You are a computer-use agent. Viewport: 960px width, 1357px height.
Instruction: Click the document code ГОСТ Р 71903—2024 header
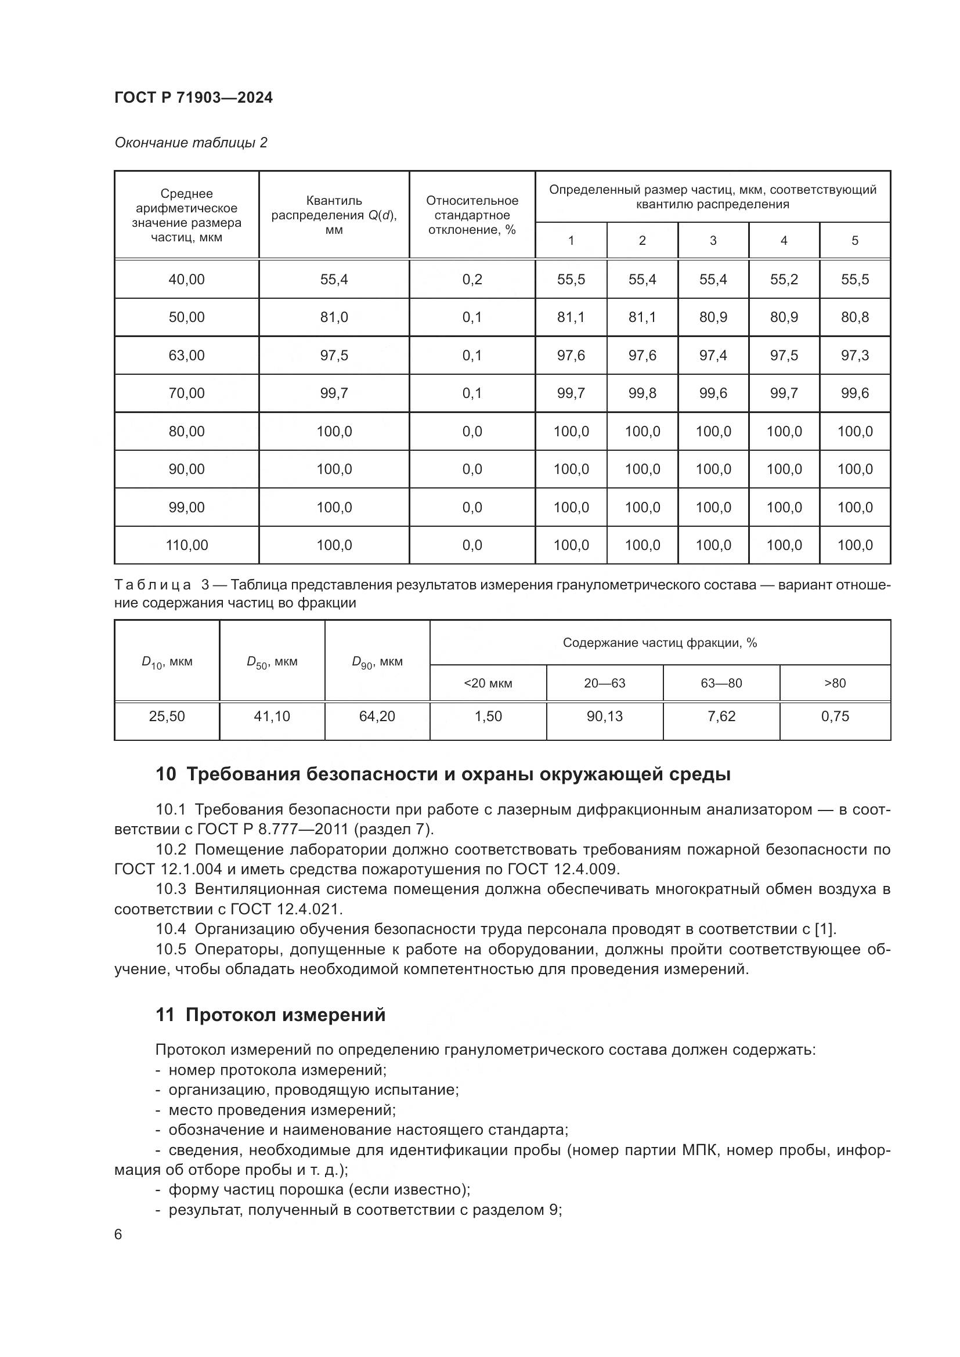[x=193, y=97]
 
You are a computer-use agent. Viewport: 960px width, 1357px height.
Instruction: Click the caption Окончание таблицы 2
[x=190, y=143]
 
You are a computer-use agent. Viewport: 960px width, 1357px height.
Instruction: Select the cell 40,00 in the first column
[x=186, y=279]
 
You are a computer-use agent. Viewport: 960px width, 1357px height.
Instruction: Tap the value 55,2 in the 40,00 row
[x=784, y=279]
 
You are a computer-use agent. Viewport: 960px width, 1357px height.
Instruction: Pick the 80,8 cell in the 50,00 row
[x=855, y=317]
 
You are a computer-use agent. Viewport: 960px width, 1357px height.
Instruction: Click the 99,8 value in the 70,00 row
[x=642, y=393]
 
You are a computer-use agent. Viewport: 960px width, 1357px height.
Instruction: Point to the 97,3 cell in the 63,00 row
[x=855, y=355]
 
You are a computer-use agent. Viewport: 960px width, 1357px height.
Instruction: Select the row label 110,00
[x=186, y=545]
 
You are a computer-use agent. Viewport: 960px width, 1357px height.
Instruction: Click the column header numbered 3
[x=713, y=241]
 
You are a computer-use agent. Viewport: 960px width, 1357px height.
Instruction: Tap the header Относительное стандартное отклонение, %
[x=472, y=215]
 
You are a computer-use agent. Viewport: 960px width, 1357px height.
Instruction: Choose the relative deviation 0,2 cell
[x=472, y=279]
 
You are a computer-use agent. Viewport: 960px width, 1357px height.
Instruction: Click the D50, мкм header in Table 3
[x=272, y=662]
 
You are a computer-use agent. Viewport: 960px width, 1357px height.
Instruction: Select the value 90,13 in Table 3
[x=605, y=717]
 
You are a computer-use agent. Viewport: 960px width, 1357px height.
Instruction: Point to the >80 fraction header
[x=835, y=683]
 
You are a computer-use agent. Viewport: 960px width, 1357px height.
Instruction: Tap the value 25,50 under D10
[x=167, y=717]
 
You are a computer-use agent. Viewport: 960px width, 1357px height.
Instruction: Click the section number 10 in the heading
[x=165, y=775]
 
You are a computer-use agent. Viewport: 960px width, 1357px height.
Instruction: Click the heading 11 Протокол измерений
[x=270, y=1015]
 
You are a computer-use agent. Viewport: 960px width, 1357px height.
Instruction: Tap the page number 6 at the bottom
[x=118, y=1235]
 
